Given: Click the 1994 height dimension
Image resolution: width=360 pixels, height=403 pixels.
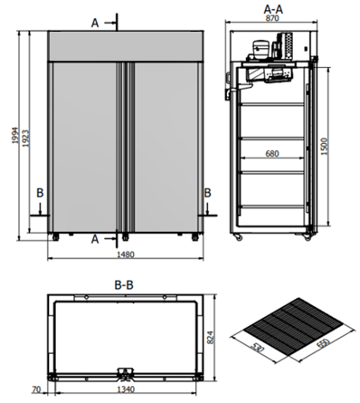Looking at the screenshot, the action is coord(15,135).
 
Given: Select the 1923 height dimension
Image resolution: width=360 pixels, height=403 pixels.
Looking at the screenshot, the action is coord(25,139).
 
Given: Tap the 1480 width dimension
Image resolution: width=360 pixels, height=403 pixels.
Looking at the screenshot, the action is coord(126,254).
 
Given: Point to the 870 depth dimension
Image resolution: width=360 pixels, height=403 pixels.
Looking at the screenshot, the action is coord(272,18).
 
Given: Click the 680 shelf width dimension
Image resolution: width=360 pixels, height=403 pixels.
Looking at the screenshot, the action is coord(272,154).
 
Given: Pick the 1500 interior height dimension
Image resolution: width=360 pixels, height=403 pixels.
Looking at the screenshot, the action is coord(324,147).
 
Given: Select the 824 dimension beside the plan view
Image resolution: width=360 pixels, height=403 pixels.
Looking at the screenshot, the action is coord(211,338).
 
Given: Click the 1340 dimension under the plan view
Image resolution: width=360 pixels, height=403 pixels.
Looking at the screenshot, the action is coord(126,389).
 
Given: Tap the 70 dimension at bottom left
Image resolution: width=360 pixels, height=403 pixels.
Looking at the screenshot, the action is coord(36,389).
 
